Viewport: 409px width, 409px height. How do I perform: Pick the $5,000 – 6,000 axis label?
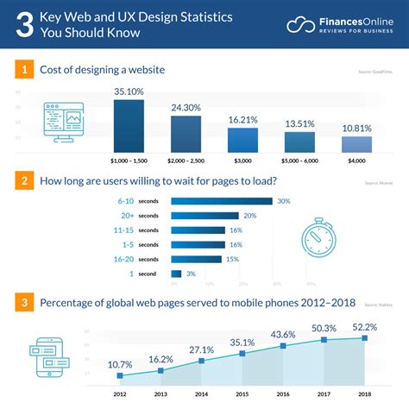[x=300, y=161]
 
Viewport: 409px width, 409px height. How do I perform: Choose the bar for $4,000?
[x=356, y=146]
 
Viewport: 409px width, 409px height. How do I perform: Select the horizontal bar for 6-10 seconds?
[x=221, y=201]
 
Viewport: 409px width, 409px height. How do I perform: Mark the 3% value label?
[x=192, y=274]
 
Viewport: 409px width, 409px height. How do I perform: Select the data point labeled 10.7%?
[x=120, y=375]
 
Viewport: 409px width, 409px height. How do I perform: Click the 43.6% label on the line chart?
[x=284, y=334]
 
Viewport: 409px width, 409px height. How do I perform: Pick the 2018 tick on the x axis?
[x=365, y=396]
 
